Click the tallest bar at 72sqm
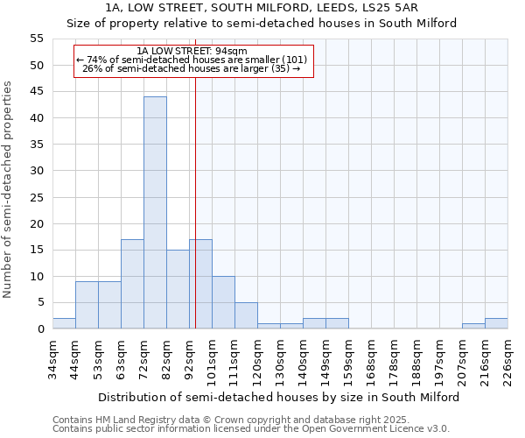[x=155, y=213]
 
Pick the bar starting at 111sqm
[x=246, y=315]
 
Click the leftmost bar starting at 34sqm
[x=64, y=323]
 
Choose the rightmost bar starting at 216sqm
[x=496, y=323]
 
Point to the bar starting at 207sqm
[x=473, y=326]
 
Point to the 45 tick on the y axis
[x=37, y=92]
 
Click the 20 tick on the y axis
[x=37, y=223]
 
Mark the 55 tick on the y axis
[x=37, y=39]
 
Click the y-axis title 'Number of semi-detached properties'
[x=8, y=189]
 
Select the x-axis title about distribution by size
[x=279, y=397]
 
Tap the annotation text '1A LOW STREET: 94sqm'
[x=192, y=51]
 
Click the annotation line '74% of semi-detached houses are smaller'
[x=192, y=60]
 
